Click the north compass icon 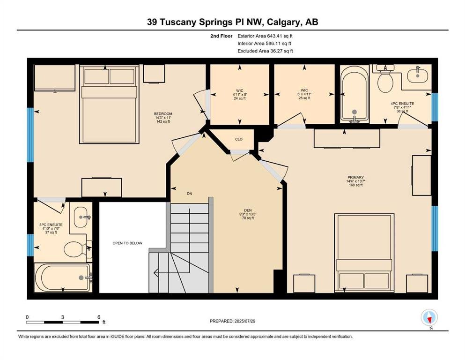pyautogui.click(x=429, y=317)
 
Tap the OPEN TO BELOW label pyautogui.click(x=127, y=243)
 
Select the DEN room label pyautogui.click(x=248, y=210)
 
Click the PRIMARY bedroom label pyautogui.click(x=355, y=177)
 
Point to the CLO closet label pyautogui.click(x=239, y=139)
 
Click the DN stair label pyautogui.click(x=190, y=194)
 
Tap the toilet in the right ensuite pyautogui.click(x=385, y=79)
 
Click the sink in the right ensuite pyautogui.click(x=418, y=74)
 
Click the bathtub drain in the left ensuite pyautogui.click(x=81, y=278)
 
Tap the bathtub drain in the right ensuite pyautogui.click(x=354, y=112)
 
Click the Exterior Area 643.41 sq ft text pyautogui.click(x=265, y=36)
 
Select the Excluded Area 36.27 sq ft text pyautogui.click(x=265, y=51)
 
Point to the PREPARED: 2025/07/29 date pyautogui.click(x=232, y=321)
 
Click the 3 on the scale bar pyautogui.click(x=63, y=317)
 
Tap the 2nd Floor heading pyautogui.click(x=221, y=36)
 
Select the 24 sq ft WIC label pyautogui.click(x=240, y=98)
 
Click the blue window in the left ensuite pyautogui.click(x=30, y=245)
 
